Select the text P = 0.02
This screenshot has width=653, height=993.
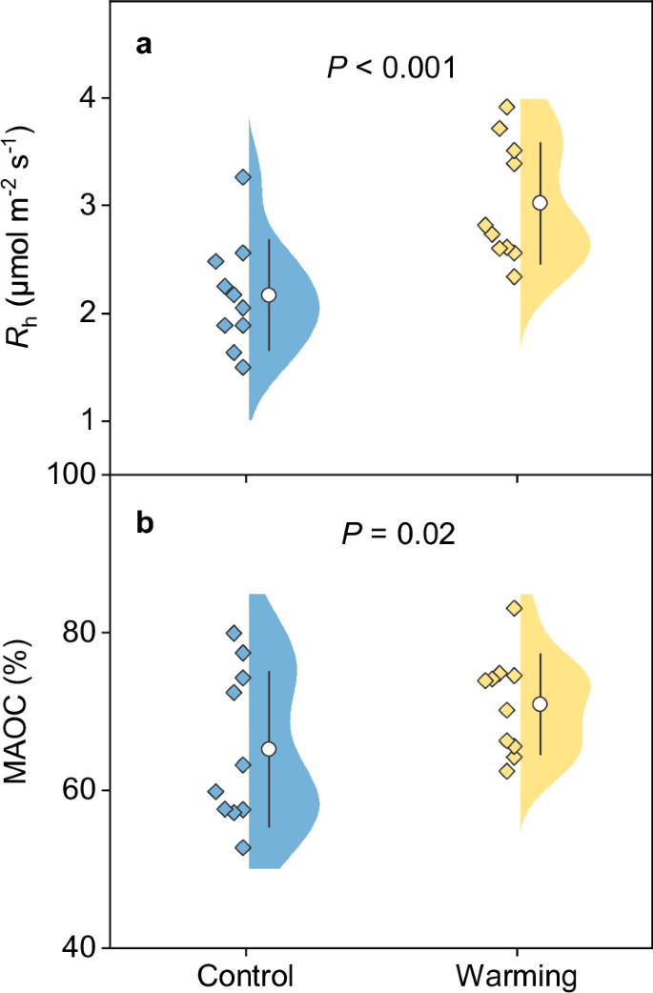point(398,534)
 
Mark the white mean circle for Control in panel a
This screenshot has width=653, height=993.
point(269,295)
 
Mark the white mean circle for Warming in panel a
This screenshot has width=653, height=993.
point(540,203)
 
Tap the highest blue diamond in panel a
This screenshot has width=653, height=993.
point(243,176)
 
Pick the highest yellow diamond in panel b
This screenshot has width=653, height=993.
point(514,608)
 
